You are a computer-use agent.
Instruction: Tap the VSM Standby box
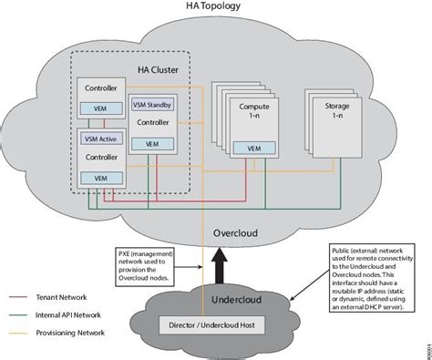coord(152,105)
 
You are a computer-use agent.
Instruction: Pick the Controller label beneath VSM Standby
coord(154,122)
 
